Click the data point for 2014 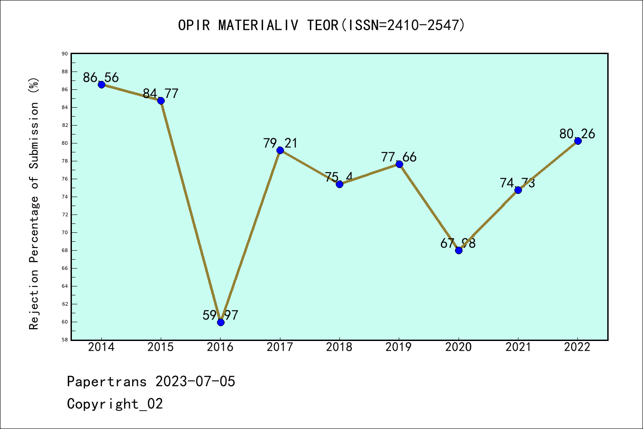[101, 84]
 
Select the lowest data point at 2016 [221, 322]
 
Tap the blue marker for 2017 [280, 150]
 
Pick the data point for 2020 [459, 250]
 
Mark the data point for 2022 [578, 141]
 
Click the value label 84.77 [161, 94]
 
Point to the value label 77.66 [399, 157]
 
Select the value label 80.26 [577, 134]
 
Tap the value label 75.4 [339, 177]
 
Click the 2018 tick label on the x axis [339, 347]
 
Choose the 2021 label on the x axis [518, 347]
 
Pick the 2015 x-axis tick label [161, 347]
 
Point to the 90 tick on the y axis [65, 54]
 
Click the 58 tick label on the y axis [65, 340]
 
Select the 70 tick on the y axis [65, 232]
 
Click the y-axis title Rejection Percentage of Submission [34, 203]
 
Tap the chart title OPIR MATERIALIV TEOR [321, 25]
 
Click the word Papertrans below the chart [107, 382]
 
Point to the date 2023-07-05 [195, 382]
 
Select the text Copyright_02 [115, 404]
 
